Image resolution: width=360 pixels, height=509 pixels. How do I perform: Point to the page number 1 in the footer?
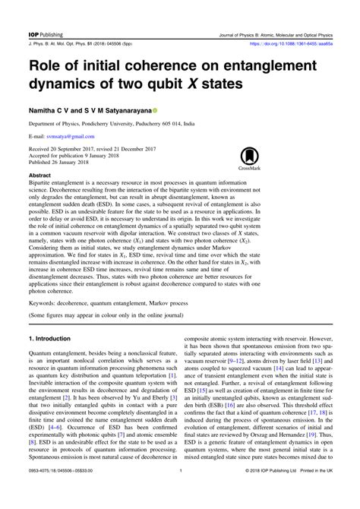[x=180, y=493]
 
